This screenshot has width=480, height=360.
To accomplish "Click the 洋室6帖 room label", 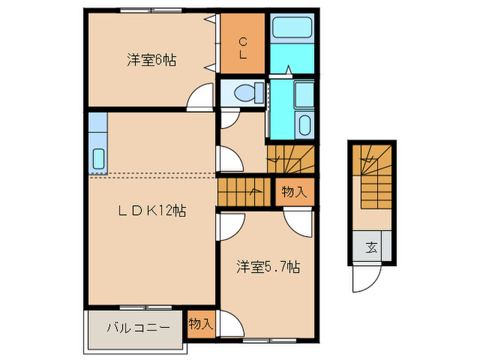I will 151,60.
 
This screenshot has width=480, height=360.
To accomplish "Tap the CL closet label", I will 243,49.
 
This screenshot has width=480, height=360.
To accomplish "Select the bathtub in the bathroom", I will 291,28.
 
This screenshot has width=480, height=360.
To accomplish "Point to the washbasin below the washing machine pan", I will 304,125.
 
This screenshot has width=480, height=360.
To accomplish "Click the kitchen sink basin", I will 97,158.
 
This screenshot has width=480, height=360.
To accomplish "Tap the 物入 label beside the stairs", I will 293,192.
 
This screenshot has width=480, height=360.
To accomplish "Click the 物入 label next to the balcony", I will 201,323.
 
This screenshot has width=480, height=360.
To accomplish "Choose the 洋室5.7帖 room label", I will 268,267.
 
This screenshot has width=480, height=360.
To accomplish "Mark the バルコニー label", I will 138,327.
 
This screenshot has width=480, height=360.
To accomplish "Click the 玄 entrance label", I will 371,248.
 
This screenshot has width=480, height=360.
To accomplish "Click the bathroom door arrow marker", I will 289,69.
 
